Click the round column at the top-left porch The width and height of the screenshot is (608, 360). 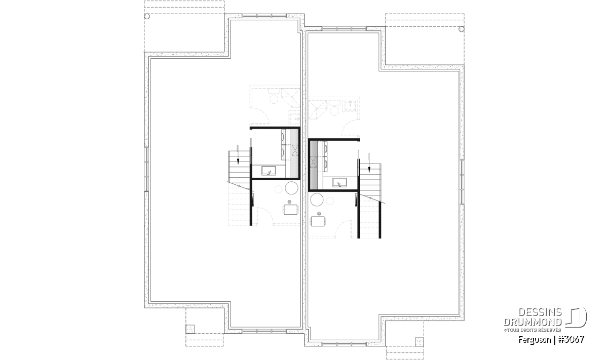147,16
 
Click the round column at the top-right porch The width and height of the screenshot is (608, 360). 461,29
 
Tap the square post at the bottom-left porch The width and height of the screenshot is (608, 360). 190,329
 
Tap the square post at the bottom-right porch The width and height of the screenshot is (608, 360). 420,342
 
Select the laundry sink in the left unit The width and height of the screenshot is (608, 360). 269,171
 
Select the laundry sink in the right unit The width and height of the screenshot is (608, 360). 339,183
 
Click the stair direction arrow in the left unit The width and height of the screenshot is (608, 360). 238,154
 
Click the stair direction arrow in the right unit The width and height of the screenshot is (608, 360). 369,163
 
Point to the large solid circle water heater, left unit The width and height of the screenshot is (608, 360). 291,188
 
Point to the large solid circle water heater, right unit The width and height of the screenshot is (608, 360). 317,199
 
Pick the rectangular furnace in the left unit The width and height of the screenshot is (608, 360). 291,210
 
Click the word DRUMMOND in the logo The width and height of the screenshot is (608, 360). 533,322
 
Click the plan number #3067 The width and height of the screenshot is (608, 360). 572,340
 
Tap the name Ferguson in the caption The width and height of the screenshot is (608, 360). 535,340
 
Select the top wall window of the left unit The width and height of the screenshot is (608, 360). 264,16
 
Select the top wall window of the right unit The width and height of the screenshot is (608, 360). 344,28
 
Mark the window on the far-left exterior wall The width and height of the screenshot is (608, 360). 146,169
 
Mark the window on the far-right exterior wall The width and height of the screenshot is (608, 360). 462,182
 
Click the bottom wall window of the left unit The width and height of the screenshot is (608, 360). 264,331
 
